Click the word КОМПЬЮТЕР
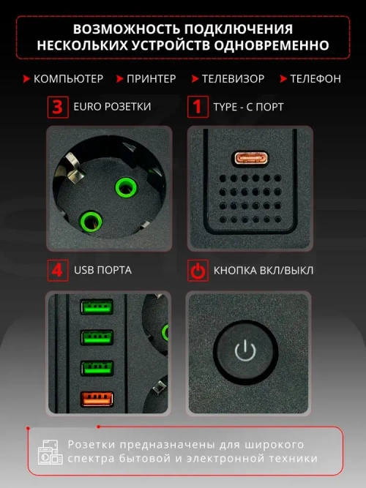coord(68,78)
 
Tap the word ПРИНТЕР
coord(152,78)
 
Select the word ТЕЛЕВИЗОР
coord(233,78)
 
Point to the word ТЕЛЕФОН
coord(316,78)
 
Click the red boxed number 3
coord(56,107)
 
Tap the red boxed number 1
coord(196,107)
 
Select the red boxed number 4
coord(56,271)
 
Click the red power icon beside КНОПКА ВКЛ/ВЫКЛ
coord(196,271)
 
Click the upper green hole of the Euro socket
coord(126,188)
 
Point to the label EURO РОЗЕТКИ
coord(112,107)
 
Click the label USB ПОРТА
coord(102,271)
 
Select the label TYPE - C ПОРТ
coord(248,107)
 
